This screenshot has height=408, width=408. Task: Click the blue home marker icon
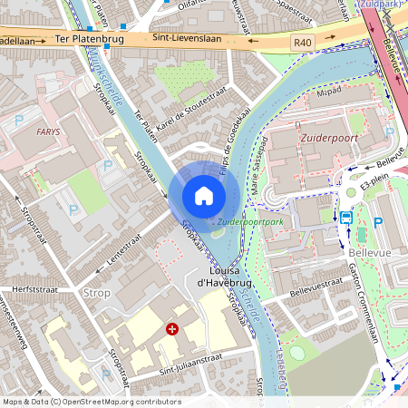tap(204, 195)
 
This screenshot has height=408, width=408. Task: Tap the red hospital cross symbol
tap(171, 330)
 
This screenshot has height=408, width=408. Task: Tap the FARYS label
tap(48, 131)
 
